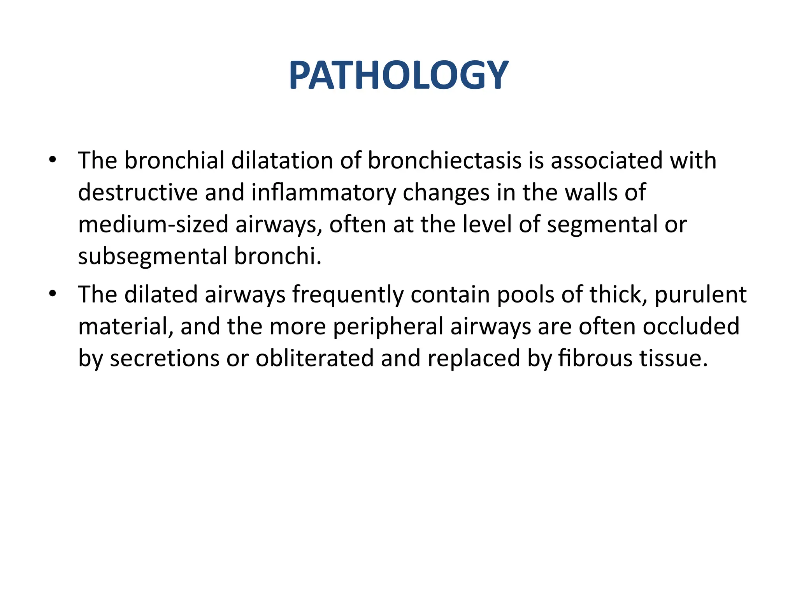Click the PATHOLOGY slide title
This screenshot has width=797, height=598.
tap(398, 76)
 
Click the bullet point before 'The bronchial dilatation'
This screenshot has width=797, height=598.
tap(53, 160)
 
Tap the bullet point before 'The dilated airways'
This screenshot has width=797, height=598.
tap(53, 294)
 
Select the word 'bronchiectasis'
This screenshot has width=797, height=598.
tap(445, 161)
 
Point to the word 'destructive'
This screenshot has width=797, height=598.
tap(138, 193)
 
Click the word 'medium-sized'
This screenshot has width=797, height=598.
tap(153, 225)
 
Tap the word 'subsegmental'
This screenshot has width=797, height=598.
tap(152, 257)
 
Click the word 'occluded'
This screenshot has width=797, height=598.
tap(691, 326)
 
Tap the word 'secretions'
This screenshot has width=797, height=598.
tap(164, 358)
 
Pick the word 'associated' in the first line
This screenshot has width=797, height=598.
tap(606, 161)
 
